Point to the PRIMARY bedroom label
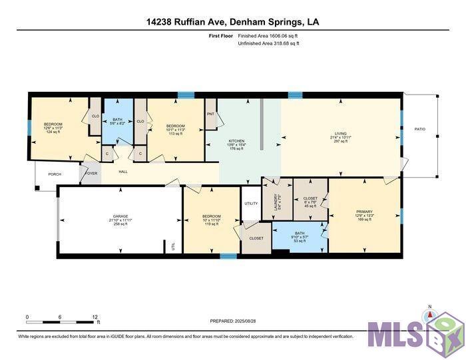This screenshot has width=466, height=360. [365, 213]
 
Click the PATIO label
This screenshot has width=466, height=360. [419, 129]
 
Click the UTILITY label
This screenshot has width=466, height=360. [251, 204]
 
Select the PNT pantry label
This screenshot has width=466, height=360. [211, 114]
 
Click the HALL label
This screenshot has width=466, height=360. [123, 172]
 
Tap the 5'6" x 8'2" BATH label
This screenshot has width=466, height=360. [117, 120]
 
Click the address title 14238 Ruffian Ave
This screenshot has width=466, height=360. [232, 22]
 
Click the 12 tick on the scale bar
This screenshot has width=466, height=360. [95, 317]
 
